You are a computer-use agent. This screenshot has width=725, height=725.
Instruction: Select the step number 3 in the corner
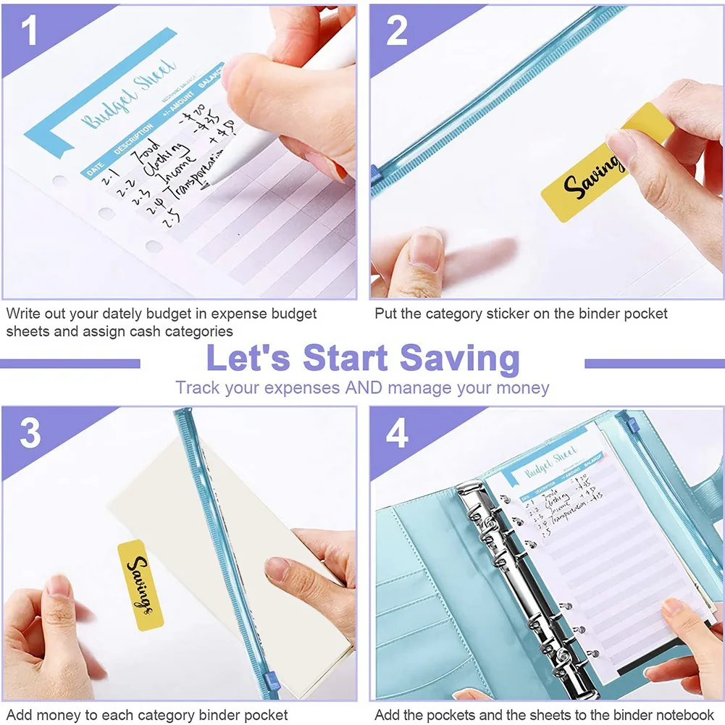point(30,432)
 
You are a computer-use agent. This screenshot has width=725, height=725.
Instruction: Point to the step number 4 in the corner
point(397,432)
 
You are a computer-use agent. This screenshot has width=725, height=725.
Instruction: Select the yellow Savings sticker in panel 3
point(140,584)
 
